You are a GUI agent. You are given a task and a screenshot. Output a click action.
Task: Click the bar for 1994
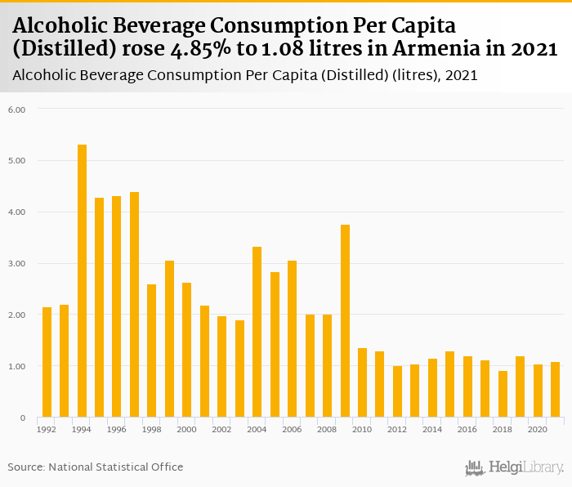click(x=82, y=281)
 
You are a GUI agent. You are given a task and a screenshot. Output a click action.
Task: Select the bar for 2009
click(x=345, y=321)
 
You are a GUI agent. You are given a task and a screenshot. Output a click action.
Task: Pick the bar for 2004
click(x=257, y=332)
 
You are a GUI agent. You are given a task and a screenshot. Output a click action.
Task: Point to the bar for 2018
click(x=503, y=394)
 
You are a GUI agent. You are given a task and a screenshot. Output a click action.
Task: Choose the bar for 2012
click(x=397, y=391)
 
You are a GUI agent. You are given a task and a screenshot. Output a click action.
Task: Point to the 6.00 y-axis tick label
click(x=17, y=109)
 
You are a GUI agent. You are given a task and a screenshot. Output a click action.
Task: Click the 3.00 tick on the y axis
click(x=17, y=263)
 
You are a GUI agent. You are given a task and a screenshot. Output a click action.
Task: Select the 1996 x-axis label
click(x=117, y=428)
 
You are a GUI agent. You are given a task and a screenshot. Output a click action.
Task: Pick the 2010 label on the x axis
click(x=362, y=428)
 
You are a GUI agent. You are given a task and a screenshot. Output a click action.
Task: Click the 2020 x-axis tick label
click(x=538, y=428)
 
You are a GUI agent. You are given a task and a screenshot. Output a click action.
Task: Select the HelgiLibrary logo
click(x=513, y=467)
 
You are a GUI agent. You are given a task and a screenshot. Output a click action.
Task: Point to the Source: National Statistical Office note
click(x=96, y=467)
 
